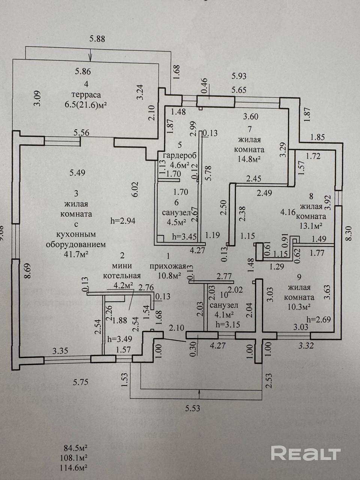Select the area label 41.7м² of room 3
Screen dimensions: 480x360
76,255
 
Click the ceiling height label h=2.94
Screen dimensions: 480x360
123,221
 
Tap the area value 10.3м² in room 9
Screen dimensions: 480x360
299,307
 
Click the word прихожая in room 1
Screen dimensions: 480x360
168,266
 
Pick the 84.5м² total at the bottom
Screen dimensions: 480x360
75,447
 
